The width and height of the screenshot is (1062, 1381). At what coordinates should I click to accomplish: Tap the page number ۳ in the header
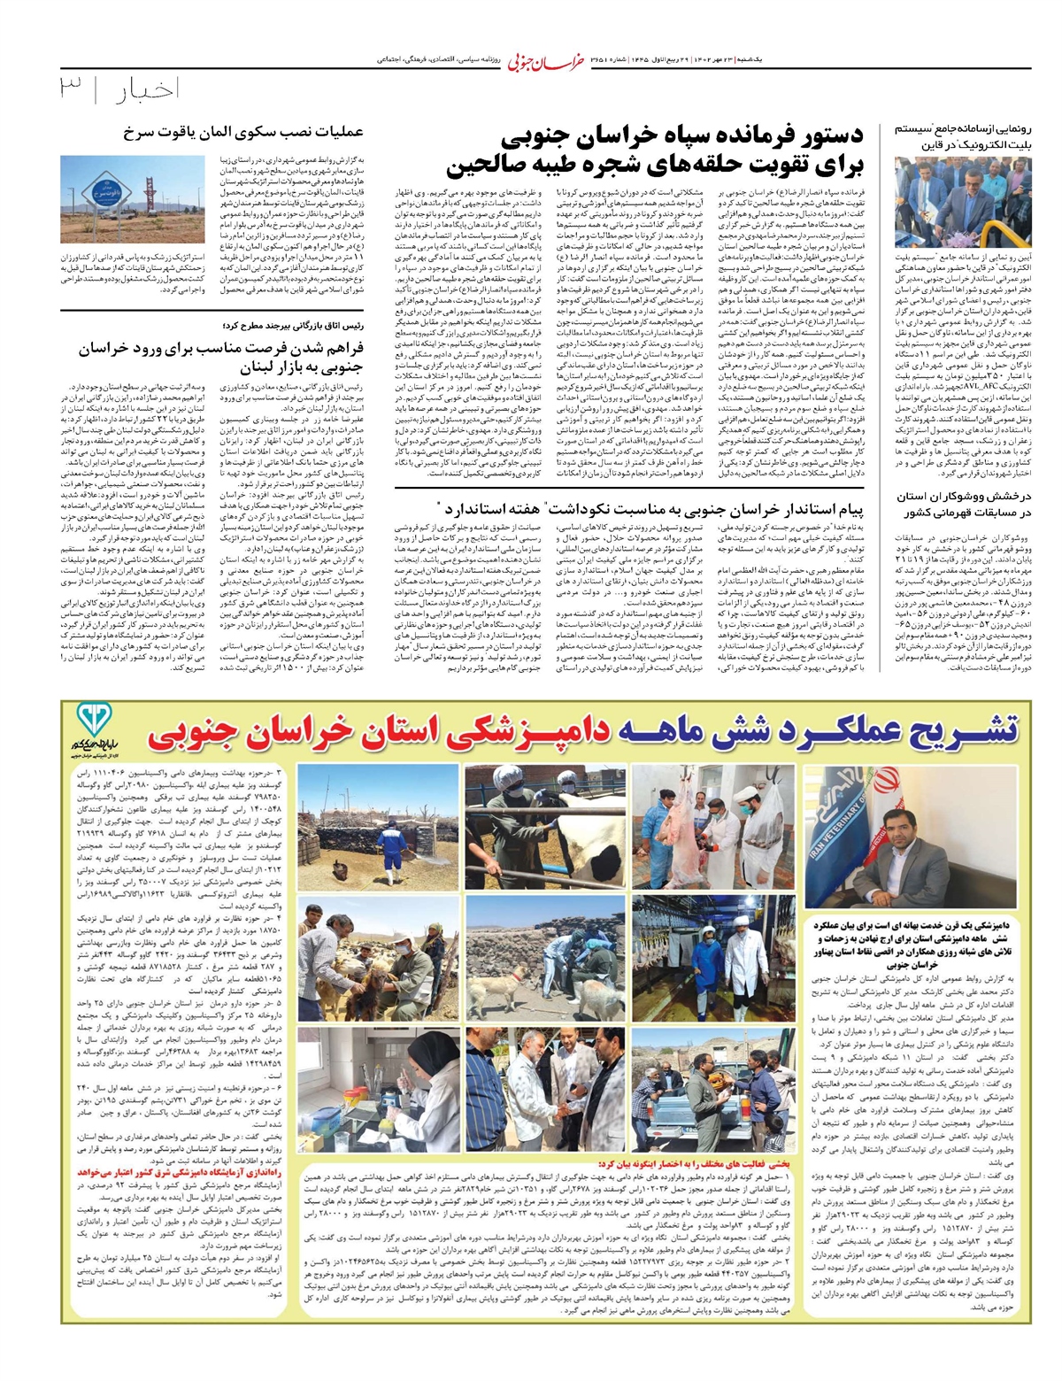[x=71, y=89]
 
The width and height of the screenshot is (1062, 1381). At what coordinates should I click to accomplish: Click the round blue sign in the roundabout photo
[x=96, y=193]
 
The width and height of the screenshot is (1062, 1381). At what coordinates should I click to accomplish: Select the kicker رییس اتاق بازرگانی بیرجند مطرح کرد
[x=293, y=325]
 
